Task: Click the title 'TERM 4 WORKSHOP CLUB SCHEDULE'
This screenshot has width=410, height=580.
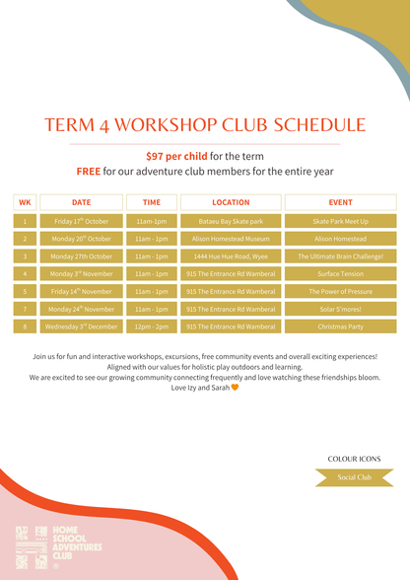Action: click(205, 125)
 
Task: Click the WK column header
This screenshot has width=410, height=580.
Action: click(25, 202)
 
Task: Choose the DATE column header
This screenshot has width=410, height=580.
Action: click(82, 202)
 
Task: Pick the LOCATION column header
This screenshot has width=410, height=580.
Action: click(231, 202)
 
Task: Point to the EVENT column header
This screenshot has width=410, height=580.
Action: click(340, 202)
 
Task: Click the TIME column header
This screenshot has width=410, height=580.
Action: click(152, 202)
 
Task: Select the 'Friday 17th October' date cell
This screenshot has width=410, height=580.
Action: click(82, 222)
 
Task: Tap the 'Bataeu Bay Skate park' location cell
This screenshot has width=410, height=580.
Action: click(231, 222)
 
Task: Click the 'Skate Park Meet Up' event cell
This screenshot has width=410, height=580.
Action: click(340, 222)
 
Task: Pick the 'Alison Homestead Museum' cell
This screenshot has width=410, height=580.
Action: click(231, 239)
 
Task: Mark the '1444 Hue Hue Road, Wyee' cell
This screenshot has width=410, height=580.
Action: click(231, 256)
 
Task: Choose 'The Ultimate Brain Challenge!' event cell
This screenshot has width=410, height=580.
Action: click(340, 256)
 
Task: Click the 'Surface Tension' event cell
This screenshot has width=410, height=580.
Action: click(340, 274)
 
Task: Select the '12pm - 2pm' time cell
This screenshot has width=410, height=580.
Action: click(152, 326)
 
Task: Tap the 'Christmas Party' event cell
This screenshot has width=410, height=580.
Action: click(340, 326)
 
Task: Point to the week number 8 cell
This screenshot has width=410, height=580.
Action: click(25, 326)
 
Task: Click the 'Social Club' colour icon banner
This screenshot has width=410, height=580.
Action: click(353, 477)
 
